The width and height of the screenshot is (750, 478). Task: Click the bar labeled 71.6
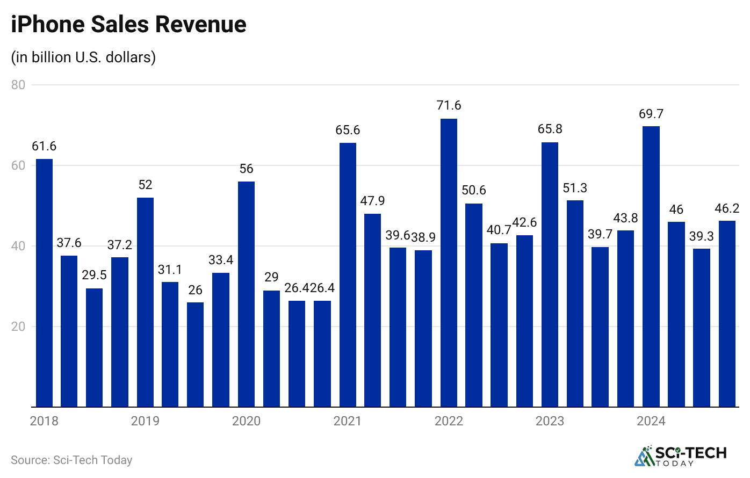coord(449,263)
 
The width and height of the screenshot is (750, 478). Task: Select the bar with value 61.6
coord(44,283)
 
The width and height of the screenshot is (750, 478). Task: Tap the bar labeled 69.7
coord(651,266)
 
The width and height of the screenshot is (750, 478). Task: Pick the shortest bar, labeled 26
coord(196,354)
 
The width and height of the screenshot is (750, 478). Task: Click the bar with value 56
coord(246,294)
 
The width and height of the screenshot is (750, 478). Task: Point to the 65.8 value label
coord(550,129)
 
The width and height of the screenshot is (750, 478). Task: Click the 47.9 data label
coord(372,201)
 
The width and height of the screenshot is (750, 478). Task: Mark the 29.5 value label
coord(94,276)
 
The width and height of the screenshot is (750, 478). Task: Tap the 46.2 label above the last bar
coord(727,208)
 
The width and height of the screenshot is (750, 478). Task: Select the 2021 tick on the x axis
coord(348,421)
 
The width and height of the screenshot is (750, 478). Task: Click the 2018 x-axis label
coord(44,421)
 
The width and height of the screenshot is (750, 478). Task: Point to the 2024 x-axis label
coord(651,421)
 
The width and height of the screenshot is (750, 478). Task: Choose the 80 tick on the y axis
coord(18,85)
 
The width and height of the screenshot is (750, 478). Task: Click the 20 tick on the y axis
coord(18,327)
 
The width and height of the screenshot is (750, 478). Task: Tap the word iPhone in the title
coord(47,25)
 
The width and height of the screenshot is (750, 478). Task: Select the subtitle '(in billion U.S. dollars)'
coord(83,57)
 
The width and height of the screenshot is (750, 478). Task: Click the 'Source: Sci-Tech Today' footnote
coord(71,460)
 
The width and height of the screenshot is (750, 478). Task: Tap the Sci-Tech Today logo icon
coord(643,457)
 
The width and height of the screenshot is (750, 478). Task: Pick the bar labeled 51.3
coord(575,303)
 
